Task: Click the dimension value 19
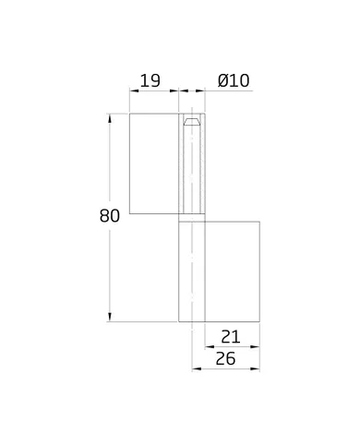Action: click(150, 81)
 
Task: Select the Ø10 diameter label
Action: click(234, 81)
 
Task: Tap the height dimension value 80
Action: click(110, 216)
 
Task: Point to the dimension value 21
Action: click(231, 337)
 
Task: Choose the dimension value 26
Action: click(225, 358)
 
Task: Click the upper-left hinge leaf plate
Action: click(154, 163)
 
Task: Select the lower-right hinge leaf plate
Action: click(233, 272)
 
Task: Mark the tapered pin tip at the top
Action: click(192, 121)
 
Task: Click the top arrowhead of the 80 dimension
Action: click(110, 118)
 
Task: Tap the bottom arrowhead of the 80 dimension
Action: click(110, 317)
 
